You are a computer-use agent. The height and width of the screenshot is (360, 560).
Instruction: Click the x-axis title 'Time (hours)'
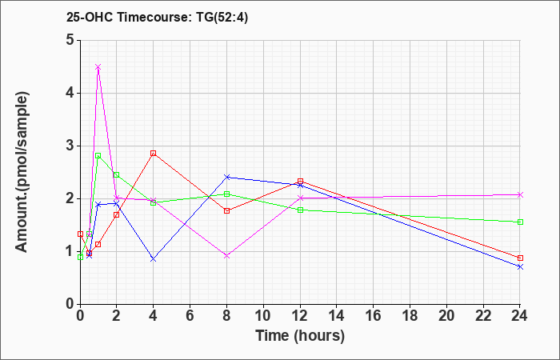[300, 336]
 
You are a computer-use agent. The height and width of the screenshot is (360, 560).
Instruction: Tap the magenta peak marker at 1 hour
[98, 67]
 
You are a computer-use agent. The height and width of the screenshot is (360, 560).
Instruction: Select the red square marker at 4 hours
[153, 153]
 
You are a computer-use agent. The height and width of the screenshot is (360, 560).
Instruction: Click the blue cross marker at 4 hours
[153, 259]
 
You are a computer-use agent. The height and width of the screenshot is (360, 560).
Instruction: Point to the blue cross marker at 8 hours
[226, 177]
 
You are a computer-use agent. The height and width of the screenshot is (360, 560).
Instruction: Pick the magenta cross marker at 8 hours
[226, 256]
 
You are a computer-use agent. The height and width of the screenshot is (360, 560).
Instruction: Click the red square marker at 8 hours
[226, 210]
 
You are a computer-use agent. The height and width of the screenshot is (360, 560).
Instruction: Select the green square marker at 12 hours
[300, 210]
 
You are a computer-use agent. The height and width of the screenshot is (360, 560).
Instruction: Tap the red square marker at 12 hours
[300, 181]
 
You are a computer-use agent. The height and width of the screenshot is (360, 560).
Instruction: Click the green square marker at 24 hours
[520, 222]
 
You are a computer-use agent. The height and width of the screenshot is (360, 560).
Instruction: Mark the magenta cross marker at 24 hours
[520, 194]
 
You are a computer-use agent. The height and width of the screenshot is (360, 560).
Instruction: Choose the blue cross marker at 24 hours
[520, 266]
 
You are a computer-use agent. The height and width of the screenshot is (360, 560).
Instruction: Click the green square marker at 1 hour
[98, 155]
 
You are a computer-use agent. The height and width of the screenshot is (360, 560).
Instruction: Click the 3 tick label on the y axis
[70, 146]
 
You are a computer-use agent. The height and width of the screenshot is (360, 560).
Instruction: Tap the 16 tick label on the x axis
[373, 316]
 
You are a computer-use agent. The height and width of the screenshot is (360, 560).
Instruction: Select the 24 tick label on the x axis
[520, 316]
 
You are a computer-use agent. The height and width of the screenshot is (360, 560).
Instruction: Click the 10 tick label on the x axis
[263, 316]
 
